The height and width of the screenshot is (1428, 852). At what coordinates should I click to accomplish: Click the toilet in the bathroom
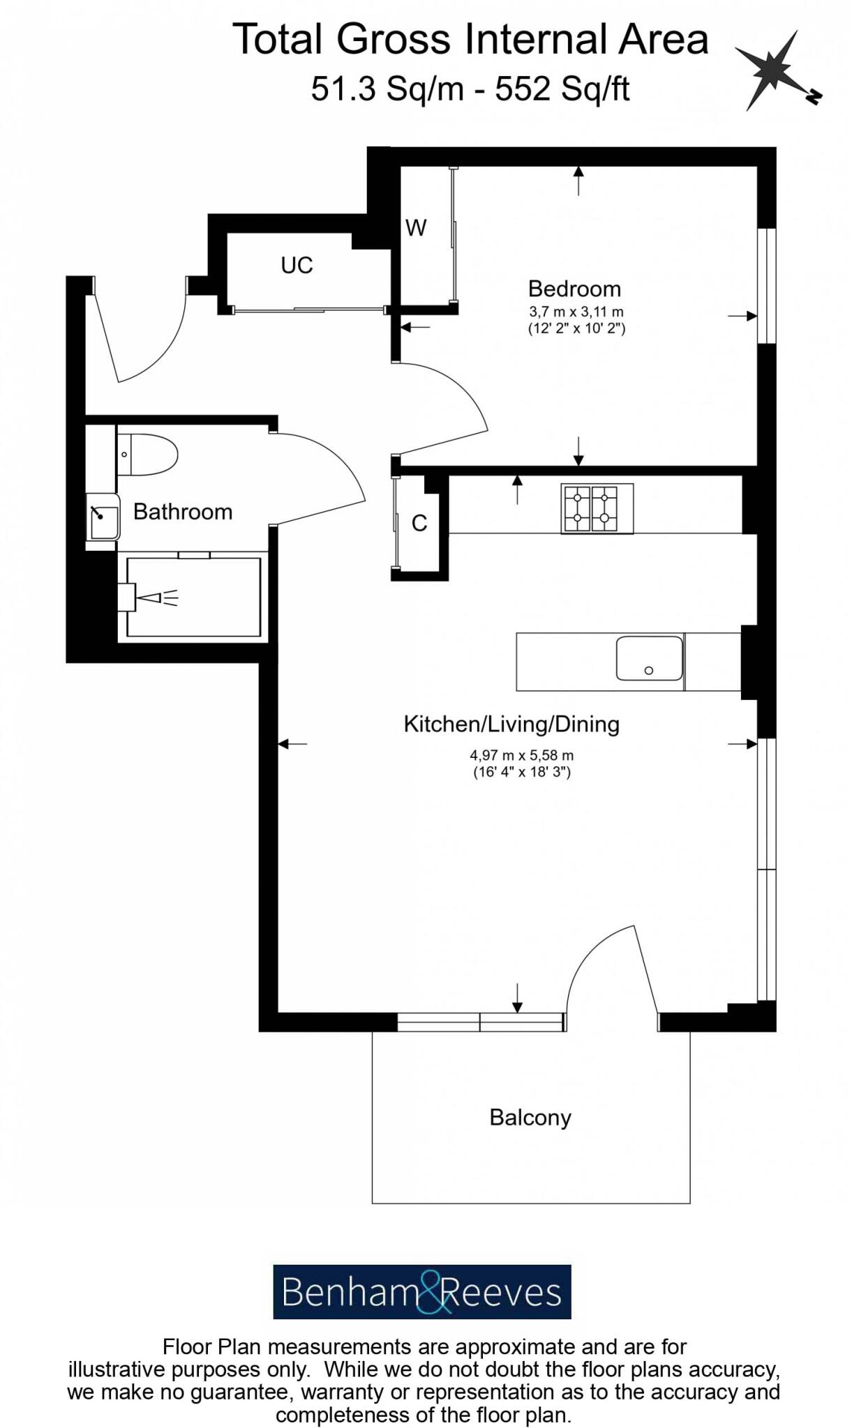pyautogui.click(x=148, y=455)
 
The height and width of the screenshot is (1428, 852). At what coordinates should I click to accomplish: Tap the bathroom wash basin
pyautogui.click(x=103, y=517)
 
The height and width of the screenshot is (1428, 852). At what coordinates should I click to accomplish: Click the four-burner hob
pyautogui.click(x=597, y=508)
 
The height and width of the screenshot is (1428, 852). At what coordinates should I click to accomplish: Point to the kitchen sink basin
pyautogui.click(x=649, y=658)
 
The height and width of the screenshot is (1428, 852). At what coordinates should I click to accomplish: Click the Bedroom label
pyautogui.click(x=574, y=289)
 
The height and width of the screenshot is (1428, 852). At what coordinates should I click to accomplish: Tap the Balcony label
pyautogui.click(x=530, y=1117)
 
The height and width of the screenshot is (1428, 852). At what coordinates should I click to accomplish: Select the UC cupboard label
pyautogui.click(x=297, y=265)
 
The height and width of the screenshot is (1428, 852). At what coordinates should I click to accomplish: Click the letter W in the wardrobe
pyautogui.click(x=416, y=227)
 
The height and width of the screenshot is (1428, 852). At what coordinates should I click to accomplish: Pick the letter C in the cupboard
pyautogui.click(x=419, y=523)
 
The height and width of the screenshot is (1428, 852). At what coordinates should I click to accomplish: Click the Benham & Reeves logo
pyautogui.click(x=421, y=1292)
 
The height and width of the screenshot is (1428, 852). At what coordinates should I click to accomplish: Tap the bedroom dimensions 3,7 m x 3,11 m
pyautogui.click(x=576, y=312)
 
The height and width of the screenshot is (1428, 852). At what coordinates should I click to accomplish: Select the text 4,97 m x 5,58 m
pyautogui.click(x=521, y=754)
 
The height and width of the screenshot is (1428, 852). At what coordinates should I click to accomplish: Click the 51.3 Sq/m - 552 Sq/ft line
pyautogui.click(x=470, y=89)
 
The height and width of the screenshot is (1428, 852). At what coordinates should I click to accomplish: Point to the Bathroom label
pyautogui.click(x=183, y=512)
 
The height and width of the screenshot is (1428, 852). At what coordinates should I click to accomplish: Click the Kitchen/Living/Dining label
pyautogui.click(x=511, y=724)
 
